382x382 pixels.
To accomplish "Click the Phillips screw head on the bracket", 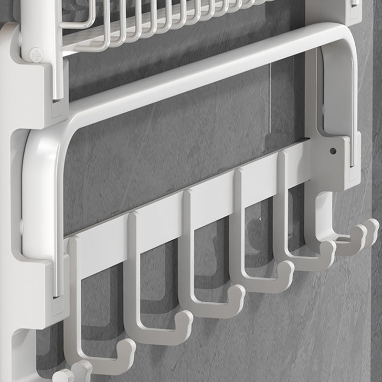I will (36, 54).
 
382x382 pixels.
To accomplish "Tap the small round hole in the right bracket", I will (333, 151).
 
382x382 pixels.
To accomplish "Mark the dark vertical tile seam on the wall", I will (372, 239).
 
